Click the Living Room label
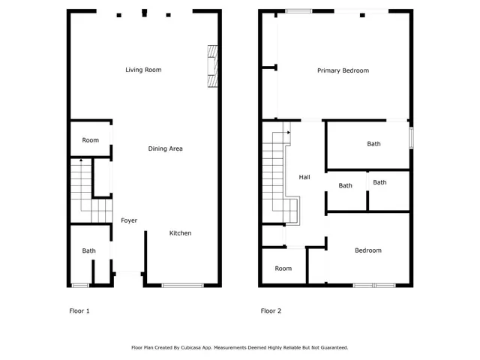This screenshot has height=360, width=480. point(143,70)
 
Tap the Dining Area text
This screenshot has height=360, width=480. point(165,148)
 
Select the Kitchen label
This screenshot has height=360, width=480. point(180,233)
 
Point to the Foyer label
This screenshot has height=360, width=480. point(129,220)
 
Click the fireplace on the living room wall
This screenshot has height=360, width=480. point(213,67)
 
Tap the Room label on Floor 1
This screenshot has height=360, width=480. point(91,140)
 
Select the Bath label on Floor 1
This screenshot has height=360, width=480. point(89,251)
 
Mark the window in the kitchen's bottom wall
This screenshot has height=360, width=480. point(183,285)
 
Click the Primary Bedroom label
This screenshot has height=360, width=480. point(343,70)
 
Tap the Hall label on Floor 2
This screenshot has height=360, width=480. point(304,178)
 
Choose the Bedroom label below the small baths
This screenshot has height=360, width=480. point(367,250)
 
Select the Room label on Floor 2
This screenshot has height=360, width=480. point(283,268)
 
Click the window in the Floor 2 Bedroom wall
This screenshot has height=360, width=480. point(374,285)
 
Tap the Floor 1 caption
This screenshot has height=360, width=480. point(79,310)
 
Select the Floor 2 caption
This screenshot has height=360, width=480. point(271,310)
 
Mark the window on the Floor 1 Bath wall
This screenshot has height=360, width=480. point(79,285)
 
